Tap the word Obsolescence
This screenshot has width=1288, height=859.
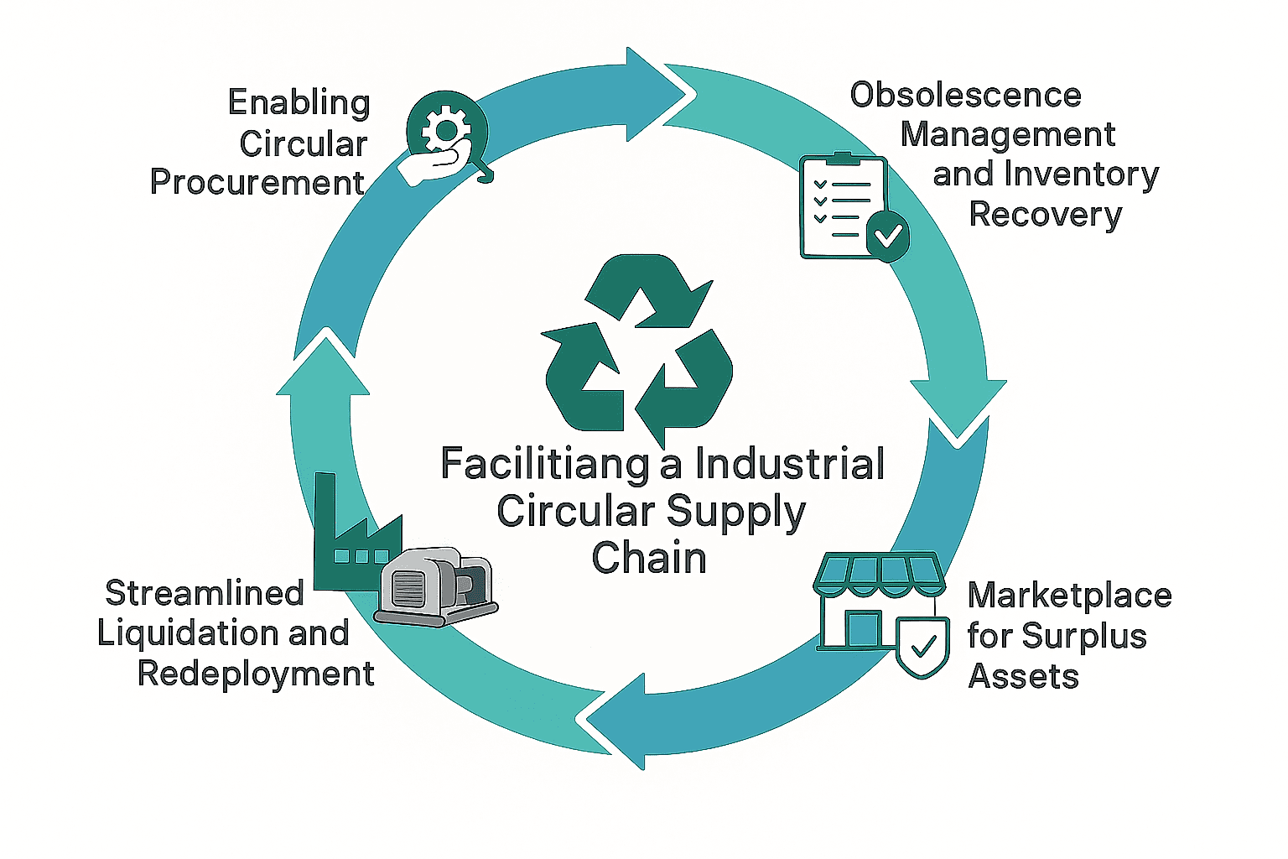point(965,95)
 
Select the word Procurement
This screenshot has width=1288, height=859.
point(257,182)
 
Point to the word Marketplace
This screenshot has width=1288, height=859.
point(1069,595)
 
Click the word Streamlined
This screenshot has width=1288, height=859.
point(205,592)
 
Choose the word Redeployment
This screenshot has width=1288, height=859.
point(256,673)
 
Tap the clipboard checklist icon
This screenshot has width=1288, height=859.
point(843,206)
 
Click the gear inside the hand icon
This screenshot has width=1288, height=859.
point(444,130)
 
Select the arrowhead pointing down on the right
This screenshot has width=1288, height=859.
point(958,407)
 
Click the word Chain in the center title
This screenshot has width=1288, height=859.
point(649,558)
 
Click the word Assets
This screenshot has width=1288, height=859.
point(1023,675)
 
